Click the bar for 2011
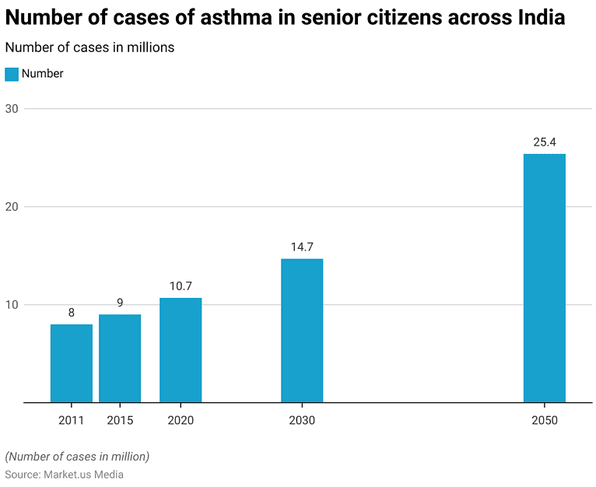coord(72,363)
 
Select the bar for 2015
coord(120,359)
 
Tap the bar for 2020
coord(181,350)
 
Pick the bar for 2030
coord(302,331)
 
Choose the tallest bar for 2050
coord(545,278)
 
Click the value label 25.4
coord(545,142)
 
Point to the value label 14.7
coord(302,247)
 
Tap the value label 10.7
coord(181,286)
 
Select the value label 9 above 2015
coord(120,303)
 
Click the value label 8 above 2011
coord(72,313)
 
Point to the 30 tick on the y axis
coord(12,109)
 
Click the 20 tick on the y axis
coord(12,207)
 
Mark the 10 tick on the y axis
coord(12,305)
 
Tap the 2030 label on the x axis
coord(302,420)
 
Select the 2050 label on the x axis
coord(545,420)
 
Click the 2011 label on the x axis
coord(72,420)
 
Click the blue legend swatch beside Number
coord(12,74)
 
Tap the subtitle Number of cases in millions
coord(89,47)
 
